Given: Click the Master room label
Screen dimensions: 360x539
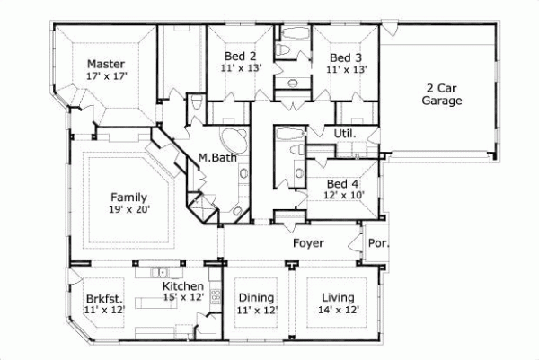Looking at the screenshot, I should [105, 64].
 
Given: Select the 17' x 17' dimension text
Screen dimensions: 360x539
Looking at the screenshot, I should [106, 76].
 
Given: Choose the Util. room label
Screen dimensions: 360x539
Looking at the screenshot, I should [346, 134].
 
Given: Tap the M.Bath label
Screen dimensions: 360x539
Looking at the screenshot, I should [217, 159].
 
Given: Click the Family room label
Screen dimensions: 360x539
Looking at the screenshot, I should [129, 196].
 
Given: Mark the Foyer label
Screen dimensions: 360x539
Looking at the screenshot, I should [308, 243].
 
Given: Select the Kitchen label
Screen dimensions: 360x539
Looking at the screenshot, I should [182, 286].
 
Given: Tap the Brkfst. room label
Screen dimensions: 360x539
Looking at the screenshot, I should [105, 298].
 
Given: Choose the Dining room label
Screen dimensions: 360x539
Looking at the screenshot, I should [257, 298].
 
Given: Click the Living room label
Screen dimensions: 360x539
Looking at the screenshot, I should [338, 298].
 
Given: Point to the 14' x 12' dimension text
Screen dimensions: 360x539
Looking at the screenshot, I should [338, 310].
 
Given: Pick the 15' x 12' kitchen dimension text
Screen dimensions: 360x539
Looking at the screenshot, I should [182, 297].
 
